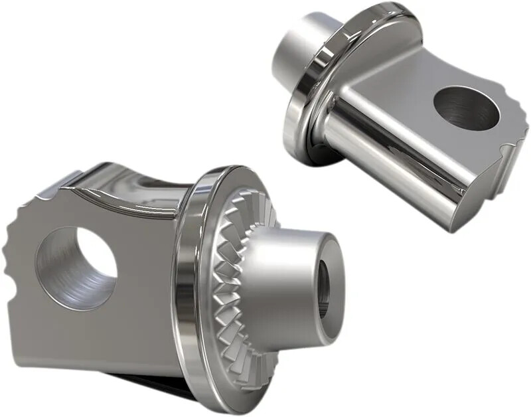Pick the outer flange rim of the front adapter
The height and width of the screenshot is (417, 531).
coord(192,286)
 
